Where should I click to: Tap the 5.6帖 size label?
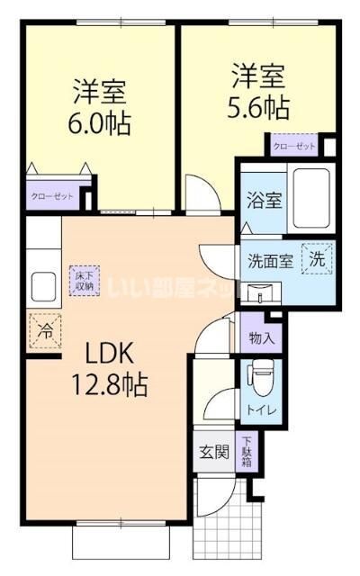pos(258,106)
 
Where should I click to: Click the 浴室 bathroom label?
pos(263,199)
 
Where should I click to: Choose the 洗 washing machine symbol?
pos(317,257)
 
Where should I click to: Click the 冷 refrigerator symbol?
pos(42,329)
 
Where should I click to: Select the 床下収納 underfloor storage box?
pos(84,280)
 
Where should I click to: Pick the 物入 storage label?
pos(261,338)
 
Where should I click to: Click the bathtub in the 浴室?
pos(310,198)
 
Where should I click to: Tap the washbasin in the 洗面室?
pos(262,290)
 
